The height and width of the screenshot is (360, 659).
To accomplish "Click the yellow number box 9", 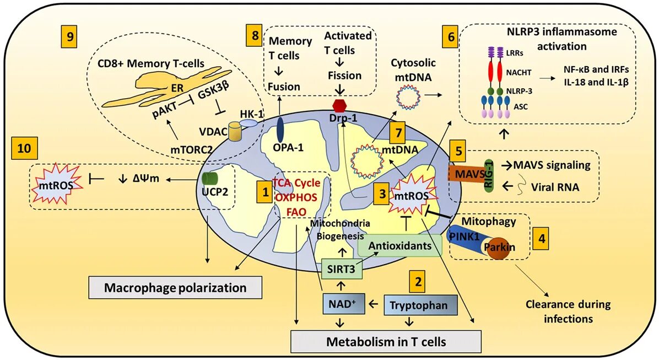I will pyautogui.click(x=69, y=38).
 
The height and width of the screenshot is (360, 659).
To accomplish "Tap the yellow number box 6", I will pyautogui.click(x=450, y=39).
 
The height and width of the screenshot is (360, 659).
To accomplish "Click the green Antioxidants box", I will pyautogui.click(x=400, y=246).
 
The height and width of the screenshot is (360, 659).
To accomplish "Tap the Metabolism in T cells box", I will pyautogui.click(x=386, y=341).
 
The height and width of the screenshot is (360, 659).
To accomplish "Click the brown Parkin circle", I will pyautogui.click(x=499, y=250).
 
